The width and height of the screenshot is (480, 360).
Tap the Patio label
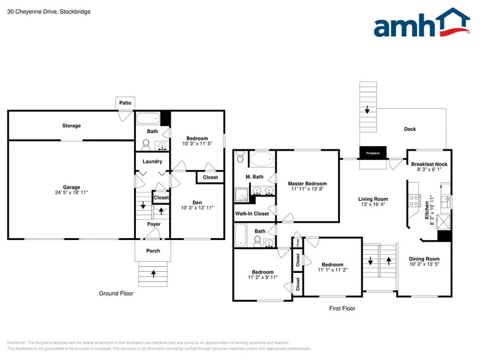click(x=125, y=103)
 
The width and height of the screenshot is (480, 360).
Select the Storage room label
click(x=71, y=126)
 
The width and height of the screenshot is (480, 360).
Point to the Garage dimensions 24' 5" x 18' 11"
click(x=71, y=192)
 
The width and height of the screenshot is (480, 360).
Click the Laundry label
click(x=152, y=162)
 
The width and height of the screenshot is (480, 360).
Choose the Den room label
click(x=197, y=203)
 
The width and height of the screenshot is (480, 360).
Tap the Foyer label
click(x=153, y=224)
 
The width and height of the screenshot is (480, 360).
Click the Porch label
click(x=153, y=250)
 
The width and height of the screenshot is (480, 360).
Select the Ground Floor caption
click(x=116, y=293)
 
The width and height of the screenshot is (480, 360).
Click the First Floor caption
click(x=342, y=309)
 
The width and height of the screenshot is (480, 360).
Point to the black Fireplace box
click(x=373, y=153)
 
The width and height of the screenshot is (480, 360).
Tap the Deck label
click(x=410, y=129)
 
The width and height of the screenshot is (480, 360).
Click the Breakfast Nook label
click(x=429, y=164)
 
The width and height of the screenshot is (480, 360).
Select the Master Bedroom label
click(x=307, y=184)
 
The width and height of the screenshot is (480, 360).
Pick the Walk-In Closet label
click(x=252, y=214)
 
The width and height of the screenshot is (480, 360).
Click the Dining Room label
click(x=424, y=259)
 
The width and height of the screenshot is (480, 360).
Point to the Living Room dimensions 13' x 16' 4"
click(x=373, y=204)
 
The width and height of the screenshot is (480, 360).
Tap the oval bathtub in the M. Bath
click(x=263, y=160)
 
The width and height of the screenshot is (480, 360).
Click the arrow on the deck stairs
click(x=367, y=110)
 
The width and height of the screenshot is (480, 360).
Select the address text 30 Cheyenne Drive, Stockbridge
click(x=48, y=11)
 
